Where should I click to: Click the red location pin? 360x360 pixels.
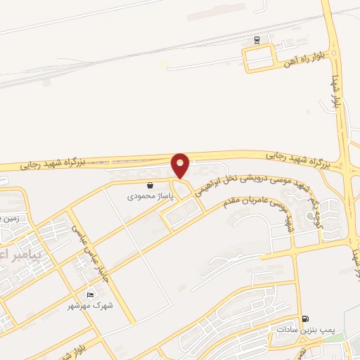[180, 165]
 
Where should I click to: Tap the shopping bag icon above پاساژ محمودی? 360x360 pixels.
[150, 186]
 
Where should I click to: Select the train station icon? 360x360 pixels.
[257, 39]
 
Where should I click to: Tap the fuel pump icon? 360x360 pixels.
[304, 319]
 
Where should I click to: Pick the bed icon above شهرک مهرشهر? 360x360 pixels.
[89, 295]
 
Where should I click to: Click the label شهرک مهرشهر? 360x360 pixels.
[90, 306]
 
